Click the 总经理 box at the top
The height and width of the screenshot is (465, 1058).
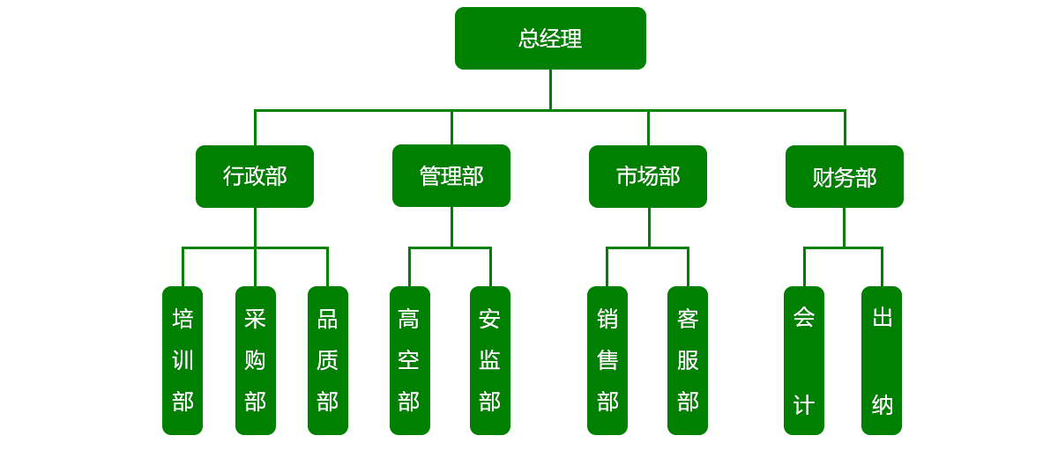point(550,39)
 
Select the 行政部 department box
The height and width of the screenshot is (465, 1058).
point(255,176)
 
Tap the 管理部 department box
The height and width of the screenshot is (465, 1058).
point(451,176)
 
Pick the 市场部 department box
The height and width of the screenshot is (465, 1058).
point(648,176)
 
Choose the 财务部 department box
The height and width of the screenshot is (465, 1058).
point(844,177)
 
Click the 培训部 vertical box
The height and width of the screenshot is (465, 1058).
point(183,359)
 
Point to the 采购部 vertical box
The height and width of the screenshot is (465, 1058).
point(256,359)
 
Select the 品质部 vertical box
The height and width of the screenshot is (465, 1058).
point(328,359)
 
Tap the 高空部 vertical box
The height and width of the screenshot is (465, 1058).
point(409,359)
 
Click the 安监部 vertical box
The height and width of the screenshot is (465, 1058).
point(490,359)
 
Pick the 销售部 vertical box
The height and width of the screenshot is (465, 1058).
point(607,359)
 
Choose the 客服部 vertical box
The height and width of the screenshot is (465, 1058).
point(688,359)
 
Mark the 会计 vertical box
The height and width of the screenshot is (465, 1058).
point(804,359)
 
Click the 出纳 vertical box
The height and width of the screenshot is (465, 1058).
point(882,359)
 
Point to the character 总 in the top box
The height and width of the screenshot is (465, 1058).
point(529,39)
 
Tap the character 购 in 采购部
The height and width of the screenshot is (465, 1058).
point(256,360)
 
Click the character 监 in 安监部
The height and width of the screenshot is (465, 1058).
point(490,360)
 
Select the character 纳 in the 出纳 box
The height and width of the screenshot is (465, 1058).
point(883,404)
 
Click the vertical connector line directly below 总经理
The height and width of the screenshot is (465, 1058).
point(550,90)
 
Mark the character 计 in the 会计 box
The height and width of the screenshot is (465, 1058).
point(804,404)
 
